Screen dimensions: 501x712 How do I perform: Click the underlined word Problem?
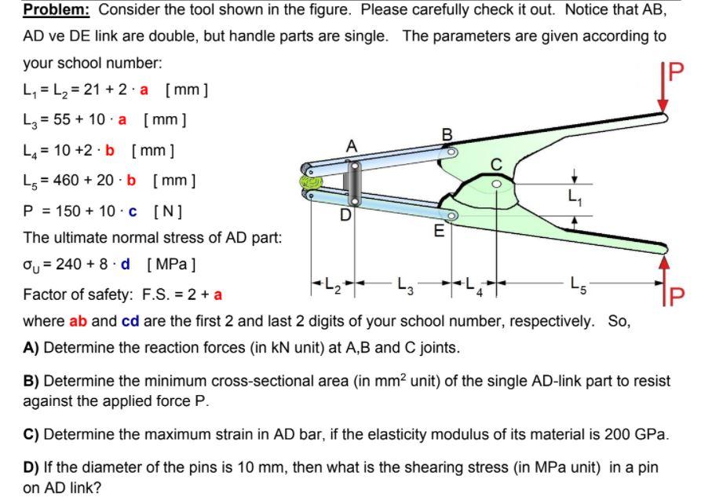[x=57, y=10]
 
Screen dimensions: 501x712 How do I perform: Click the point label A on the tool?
[x=352, y=145]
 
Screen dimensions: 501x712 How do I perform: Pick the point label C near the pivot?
[x=496, y=164]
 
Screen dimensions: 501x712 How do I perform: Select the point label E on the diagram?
[x=440, y=232]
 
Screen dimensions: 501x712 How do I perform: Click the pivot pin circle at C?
[x=496, y=183]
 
